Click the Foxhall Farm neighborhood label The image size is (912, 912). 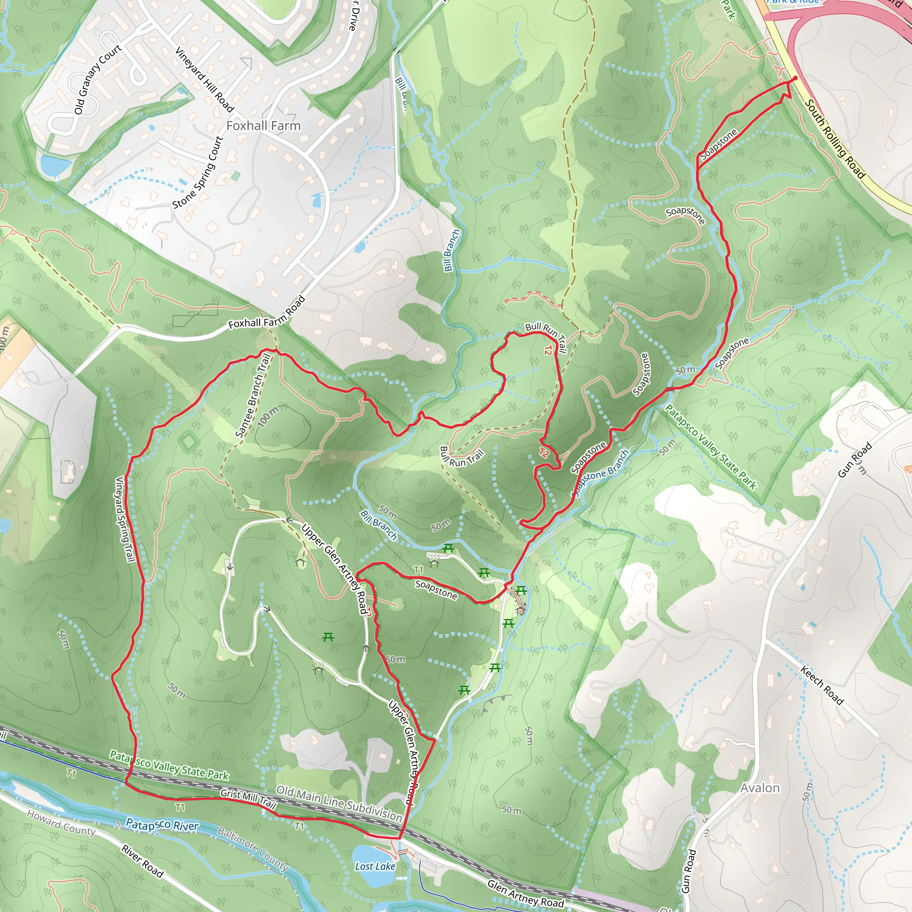pyautogui.click(x=264, y=126)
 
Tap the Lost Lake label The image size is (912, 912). pyautogui.click(x=375, y=866)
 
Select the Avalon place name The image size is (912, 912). pyautogui.click(x=760, y=788)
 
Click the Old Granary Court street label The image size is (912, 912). pyautogui.click(x=98, y=79)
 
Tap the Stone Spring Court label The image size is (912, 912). pyautogui.click(x=197, y=173)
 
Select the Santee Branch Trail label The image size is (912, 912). pyautogui.click(x=253, y=395)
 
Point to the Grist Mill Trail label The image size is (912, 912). pyautogui.click(x=248, y=798)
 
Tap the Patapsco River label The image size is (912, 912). pyautogui.click(x=162, y=825)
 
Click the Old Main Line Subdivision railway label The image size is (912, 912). pyautogui.click(x=339, y=803)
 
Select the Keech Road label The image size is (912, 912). pyautogui.click(x=822, y=685)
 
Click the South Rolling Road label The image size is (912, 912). pyautogui.click(x=835, y=139)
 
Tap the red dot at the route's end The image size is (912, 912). pyautogui.click(x=795, y=78)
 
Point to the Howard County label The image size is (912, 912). pyautogui.click(x=61, y=822)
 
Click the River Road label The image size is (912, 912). pyautogui.click(x=142, y=862)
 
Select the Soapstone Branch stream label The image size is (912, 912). pyautogui.click(x=600, y=473)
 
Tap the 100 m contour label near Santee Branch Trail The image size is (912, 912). pyautogui.click(x=268, y=417)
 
